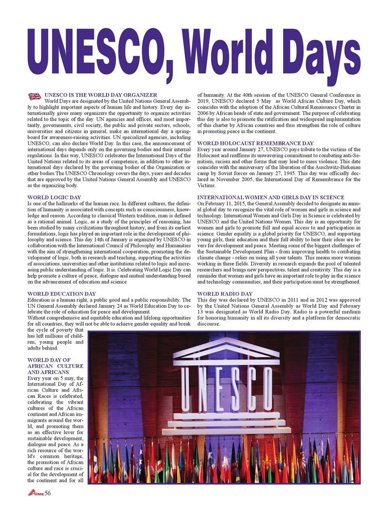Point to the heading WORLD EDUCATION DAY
click(62, 293)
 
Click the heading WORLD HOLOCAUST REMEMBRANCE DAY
click(256, 144)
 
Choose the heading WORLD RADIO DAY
click(225, 293)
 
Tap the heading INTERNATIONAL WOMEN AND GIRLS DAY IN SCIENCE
click(271, 197)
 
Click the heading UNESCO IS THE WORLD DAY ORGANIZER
click(100, 95)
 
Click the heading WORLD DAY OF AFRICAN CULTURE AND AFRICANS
click(56, 366)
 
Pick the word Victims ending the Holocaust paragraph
click(206, 185)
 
